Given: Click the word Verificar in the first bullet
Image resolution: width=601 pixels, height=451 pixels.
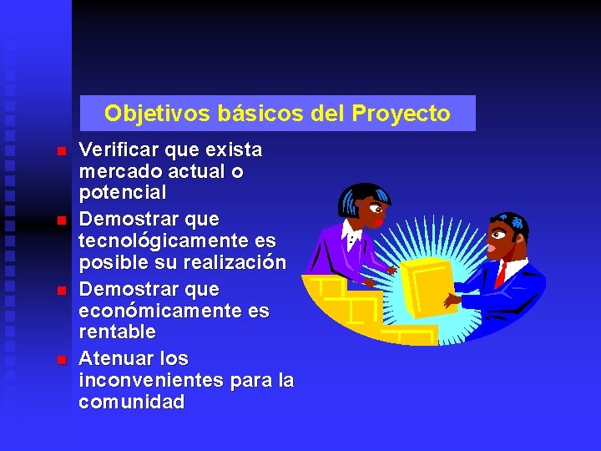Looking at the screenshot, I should point(118,150).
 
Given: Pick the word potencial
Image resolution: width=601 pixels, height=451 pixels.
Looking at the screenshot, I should point(122,192).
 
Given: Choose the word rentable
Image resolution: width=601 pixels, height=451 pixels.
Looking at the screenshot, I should point(117,332).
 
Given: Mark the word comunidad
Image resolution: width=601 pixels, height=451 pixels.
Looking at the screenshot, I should point(131,402).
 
